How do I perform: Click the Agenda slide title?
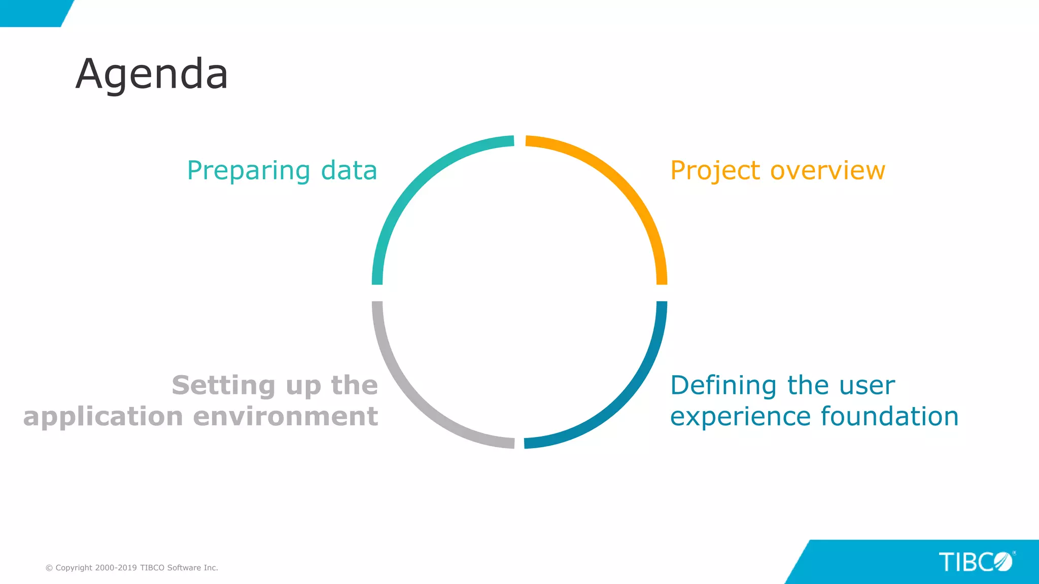(x=152, y=75)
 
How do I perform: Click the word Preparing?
(x=249, y=171)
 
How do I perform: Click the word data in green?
(x=349, y=170)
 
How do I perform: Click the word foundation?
(x=889, y=417)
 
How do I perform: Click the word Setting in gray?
(x=223, y=386)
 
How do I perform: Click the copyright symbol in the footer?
(x=49, y=568)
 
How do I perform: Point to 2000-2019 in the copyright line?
(x=116, y=568)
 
